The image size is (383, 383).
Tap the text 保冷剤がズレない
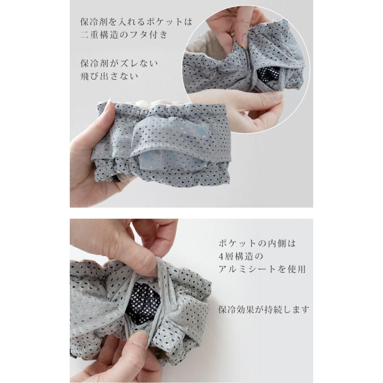tap(119, 63)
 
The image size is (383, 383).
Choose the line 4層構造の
tap(237, 257)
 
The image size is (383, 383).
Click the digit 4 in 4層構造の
tap(220, 257)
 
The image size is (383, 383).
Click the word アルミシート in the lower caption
tap(246, 269)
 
